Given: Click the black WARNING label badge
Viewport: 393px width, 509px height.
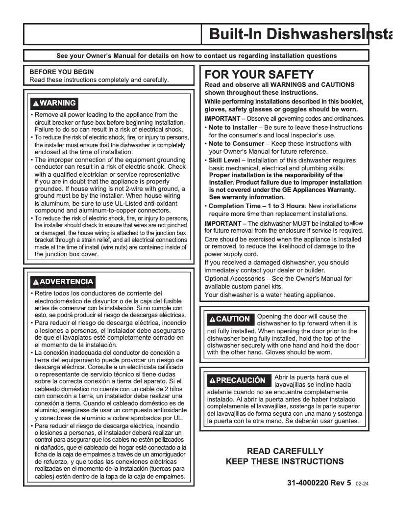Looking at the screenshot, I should pos(53,103).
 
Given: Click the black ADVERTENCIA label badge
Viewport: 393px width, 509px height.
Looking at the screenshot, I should pos(62,282).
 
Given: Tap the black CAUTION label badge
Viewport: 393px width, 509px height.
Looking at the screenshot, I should pos(229,319).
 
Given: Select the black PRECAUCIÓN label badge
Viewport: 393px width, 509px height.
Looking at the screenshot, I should pos(237,380).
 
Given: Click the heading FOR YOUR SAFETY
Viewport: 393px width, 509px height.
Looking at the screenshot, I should pos(259,75).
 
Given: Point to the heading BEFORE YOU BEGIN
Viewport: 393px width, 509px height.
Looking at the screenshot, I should pos(62,72).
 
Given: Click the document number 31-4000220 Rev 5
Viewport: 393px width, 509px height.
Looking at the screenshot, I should pos(319,482).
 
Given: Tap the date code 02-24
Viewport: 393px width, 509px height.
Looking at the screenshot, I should pos(362,483).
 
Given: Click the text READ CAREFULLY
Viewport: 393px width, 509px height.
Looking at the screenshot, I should pos(284,451).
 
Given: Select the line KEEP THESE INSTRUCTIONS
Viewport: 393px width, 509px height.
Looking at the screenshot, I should pos(284,461).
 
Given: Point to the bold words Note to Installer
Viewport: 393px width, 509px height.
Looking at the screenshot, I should pos(233,128).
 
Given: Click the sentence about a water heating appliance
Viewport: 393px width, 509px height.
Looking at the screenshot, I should pos(270,295).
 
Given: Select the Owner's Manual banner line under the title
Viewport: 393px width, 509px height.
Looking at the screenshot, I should pos(196,56).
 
